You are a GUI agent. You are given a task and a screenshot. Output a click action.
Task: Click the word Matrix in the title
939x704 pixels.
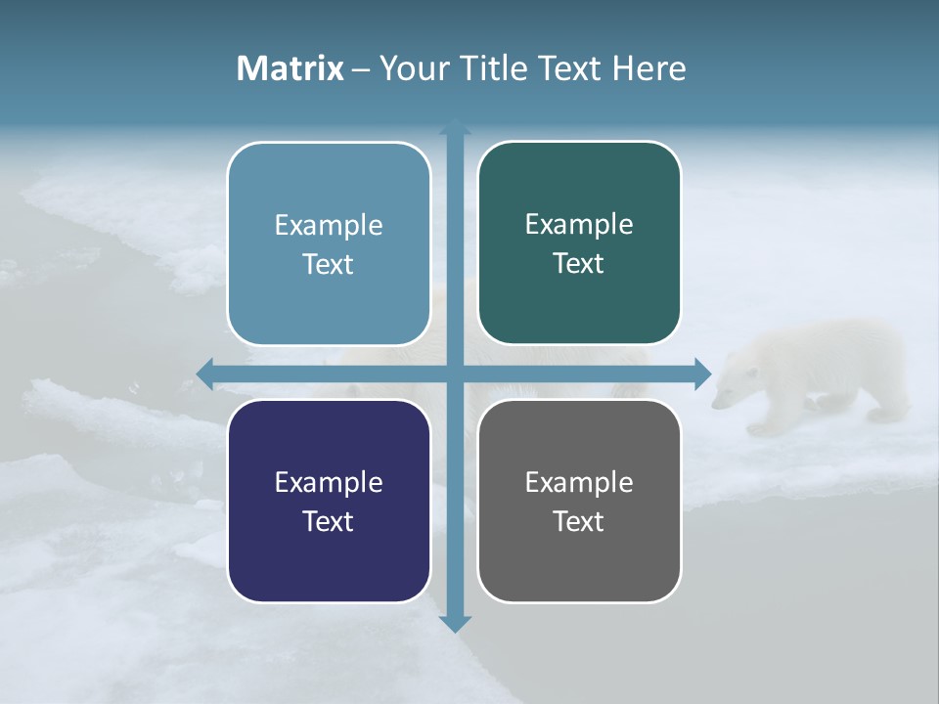(x=290, y=67)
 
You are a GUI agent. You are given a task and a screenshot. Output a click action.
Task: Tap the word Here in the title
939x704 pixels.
(x=648, y=67)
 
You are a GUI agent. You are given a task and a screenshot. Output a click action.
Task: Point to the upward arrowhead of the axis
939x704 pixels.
(x=455, y=126)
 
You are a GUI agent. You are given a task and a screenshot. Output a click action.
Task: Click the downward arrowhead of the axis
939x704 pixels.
(x=455, y=623)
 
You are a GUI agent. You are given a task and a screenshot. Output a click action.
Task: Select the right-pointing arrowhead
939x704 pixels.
(x=702, y=374)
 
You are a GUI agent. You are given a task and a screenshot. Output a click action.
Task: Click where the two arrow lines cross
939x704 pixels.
(x=455, y=374)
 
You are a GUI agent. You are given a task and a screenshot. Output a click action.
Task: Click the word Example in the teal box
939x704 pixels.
(x=579, y=224)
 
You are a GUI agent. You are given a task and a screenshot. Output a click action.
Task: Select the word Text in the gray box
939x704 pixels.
(x=579, y=521)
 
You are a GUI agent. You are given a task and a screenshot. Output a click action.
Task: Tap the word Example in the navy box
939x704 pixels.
(x=329, y=482)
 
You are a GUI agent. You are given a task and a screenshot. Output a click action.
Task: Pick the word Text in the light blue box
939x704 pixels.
(x=329, y=264)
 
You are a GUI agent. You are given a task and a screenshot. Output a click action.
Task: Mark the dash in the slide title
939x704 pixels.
(x=361, y=68)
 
